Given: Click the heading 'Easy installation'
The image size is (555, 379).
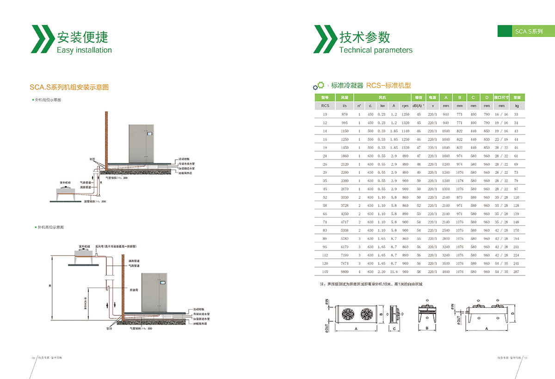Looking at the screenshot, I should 84,50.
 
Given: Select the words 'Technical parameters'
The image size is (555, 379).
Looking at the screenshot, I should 376,50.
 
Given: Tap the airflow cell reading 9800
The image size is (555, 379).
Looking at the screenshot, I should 344,272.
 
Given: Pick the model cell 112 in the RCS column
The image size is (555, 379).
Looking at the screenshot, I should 325,255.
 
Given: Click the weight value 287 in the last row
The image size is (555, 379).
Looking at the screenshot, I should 517,272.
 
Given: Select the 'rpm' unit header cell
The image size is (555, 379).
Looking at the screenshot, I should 405,106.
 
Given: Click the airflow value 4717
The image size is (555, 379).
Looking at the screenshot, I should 344,222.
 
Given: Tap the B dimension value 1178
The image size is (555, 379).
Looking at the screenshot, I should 459,180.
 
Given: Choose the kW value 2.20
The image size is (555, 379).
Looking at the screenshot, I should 381,272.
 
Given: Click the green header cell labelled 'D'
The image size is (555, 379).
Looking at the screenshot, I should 487,98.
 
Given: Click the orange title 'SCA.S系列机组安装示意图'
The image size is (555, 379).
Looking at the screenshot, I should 69,87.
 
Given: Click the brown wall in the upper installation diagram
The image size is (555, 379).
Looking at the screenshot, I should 106,139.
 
